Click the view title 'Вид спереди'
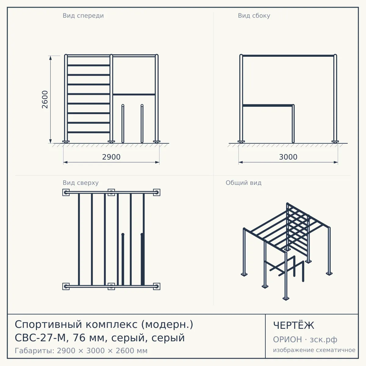[x=83, y=16]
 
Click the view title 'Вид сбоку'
[x=254, y=16]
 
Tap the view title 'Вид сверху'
[x=81, y=183]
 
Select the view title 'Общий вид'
[x=243, y=183]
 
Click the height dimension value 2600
[x=45, y=99]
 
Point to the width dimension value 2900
[x=111, y=157]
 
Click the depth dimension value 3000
[x=288, y=157]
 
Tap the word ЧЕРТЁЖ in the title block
[x=294, y=325]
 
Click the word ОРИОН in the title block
[x=287, y=339]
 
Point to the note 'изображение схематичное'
[x=314, y=350]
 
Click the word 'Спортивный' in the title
[x=48, y=325]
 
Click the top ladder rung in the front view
[x=88, y=65]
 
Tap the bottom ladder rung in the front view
[x=88, y=132]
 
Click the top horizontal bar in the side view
[x=288, y=56]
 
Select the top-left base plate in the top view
[x=66, y=192]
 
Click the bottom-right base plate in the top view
[x=157, y=286]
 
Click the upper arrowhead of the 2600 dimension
[x=50, y=58]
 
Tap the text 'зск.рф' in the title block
[x=324, y=340]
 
